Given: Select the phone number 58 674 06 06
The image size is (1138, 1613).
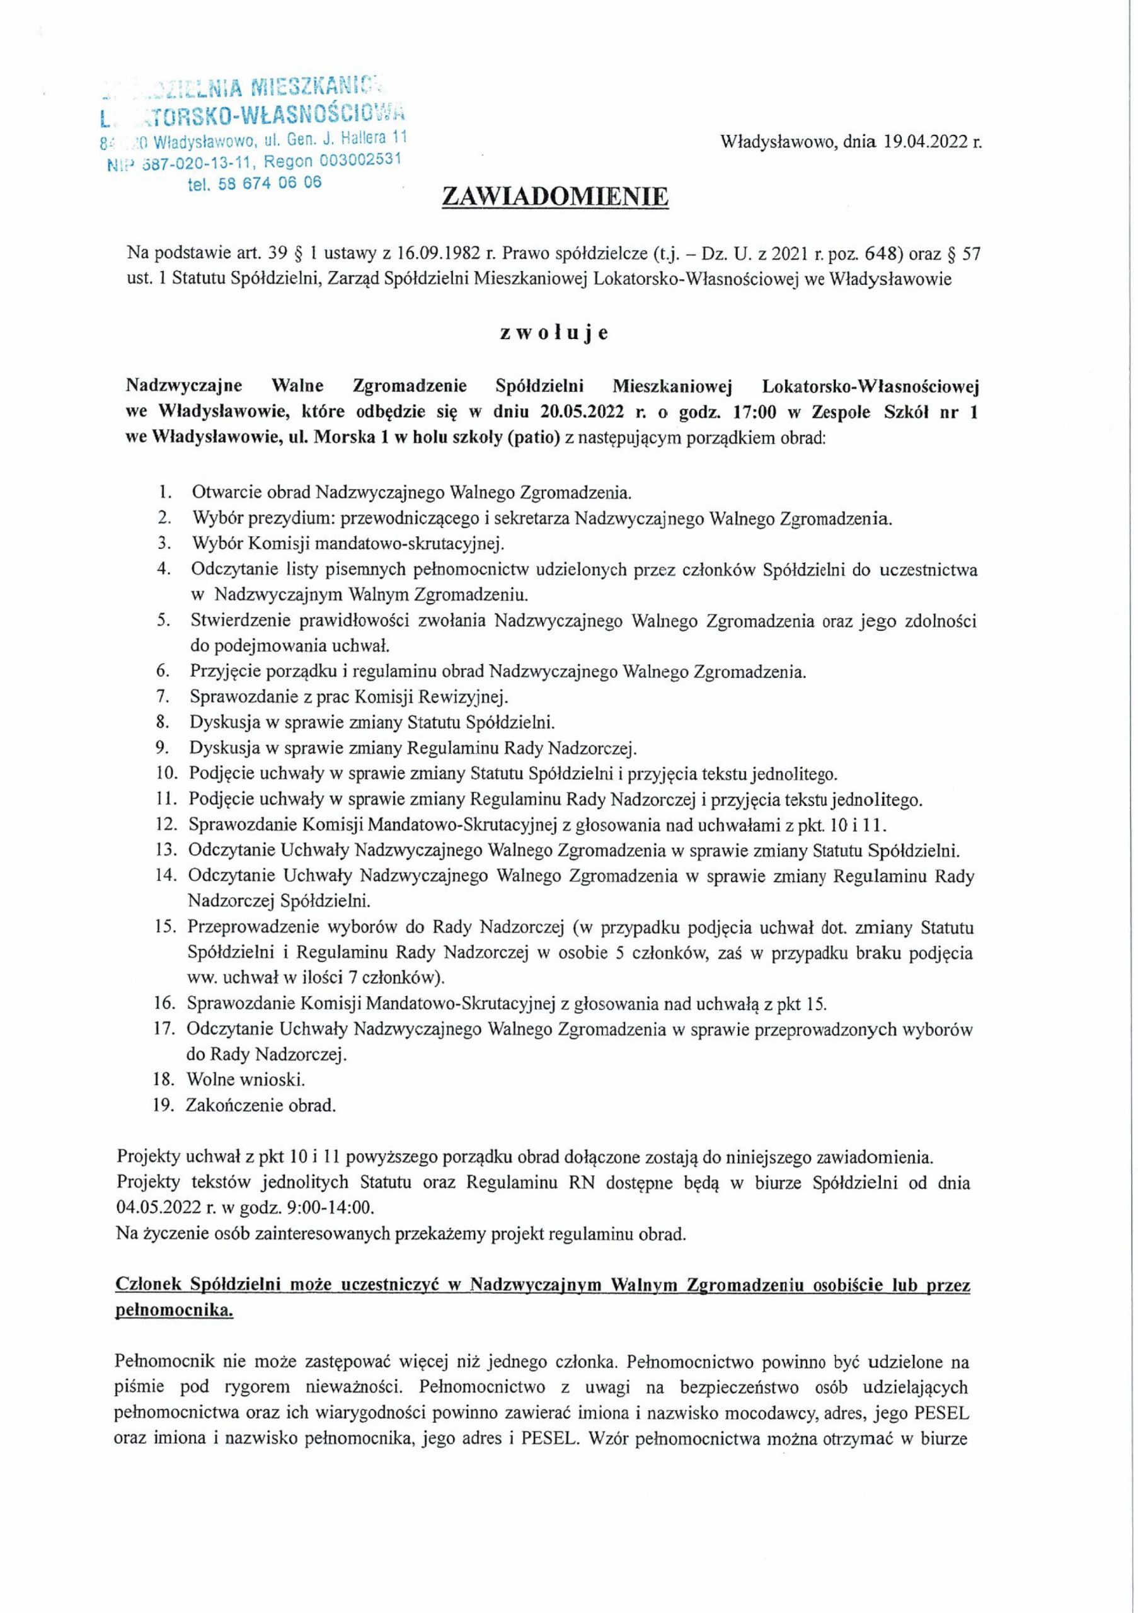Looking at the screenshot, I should (x=255, y=184).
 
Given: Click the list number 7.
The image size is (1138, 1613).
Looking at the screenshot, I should (x=163, y=697).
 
